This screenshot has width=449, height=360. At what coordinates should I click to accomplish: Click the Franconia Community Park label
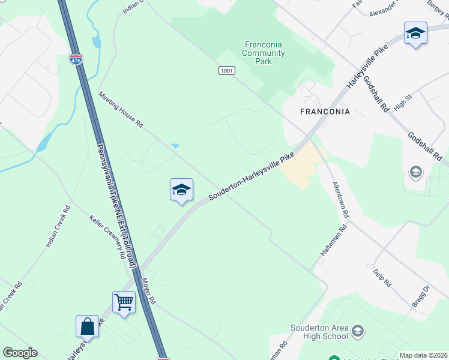click(263, 53)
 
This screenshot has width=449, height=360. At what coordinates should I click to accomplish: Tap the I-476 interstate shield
click(76, 61)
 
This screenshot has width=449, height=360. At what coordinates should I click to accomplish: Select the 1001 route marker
click(226, 71)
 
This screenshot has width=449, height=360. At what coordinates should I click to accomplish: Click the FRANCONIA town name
click(325, 112)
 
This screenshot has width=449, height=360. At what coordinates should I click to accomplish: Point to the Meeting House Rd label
click(121, 109)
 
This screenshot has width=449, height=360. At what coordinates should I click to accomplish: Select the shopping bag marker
click(87, 326)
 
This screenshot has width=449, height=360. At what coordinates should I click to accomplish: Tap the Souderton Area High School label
click(319, 332)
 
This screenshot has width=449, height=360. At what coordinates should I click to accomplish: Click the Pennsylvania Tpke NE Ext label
click(117, 205)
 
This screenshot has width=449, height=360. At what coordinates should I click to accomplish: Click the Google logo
click(20, 353)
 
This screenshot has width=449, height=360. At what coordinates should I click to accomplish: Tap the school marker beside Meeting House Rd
click(181, 190)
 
